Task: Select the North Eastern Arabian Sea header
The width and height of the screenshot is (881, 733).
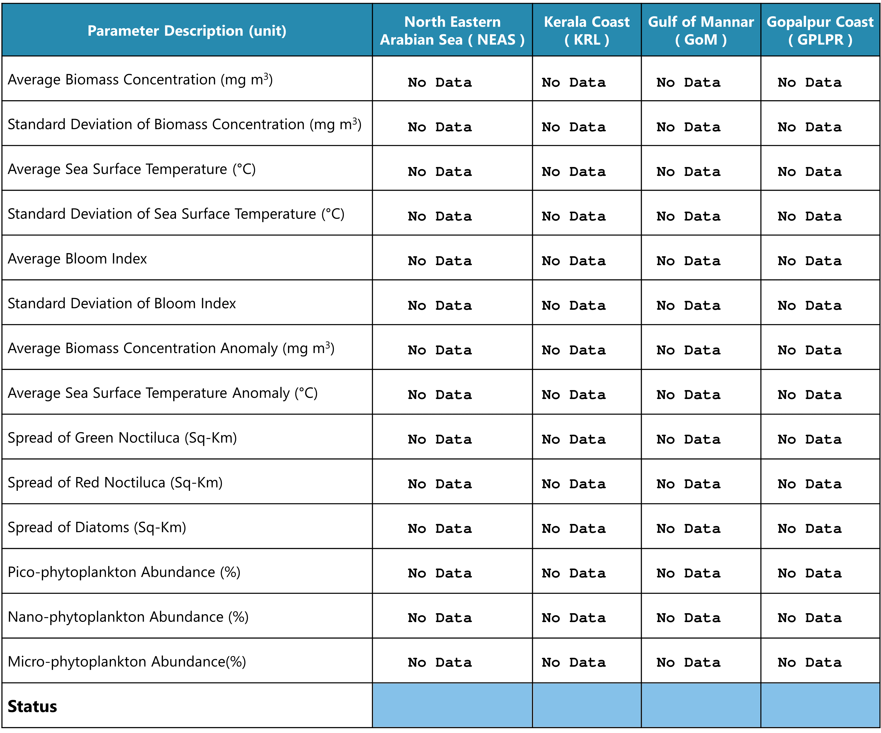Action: tap(452, 31)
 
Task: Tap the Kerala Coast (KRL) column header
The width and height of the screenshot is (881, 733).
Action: tap(586, 31)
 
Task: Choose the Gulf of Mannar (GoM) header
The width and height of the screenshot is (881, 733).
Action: tap(701, 31)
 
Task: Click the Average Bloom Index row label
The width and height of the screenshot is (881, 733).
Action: tap(77, 259)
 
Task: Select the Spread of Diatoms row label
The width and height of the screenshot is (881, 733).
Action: tap(97, 528)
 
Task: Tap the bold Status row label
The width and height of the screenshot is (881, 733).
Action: tap(32, 706)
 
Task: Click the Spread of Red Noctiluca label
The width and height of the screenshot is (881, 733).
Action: tap(115, 483)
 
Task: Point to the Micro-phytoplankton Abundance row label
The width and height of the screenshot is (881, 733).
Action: tap(127, 662)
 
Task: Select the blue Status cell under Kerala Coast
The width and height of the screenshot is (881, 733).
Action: tap(586, 705)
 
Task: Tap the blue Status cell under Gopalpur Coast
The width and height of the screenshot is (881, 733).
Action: tap(820, 705)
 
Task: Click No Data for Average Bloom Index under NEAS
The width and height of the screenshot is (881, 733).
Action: tap(440, 261)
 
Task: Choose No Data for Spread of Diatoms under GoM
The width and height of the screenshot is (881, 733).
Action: tap(688, 528)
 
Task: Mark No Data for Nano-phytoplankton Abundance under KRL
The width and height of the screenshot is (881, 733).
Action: tap(573, 618)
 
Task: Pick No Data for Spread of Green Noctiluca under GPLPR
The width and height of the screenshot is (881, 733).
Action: tap(809, 439)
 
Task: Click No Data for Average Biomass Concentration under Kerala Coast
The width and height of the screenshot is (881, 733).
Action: tap(573, 82)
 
